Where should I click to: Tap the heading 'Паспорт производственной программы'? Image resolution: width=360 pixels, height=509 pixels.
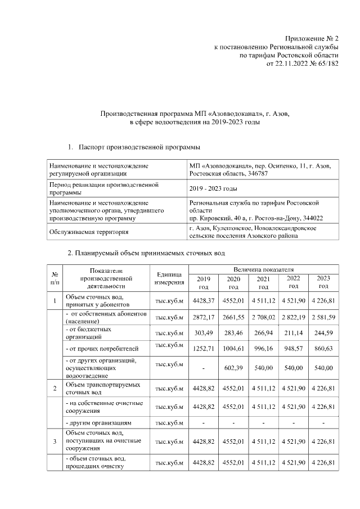(x=139, y=147)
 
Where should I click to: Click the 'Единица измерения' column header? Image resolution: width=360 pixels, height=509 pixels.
(x=167, y=278)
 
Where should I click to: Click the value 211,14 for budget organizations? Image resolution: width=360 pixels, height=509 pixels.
(x=294, y=333)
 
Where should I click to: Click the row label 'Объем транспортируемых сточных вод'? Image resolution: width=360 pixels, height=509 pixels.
(x=101, y=388)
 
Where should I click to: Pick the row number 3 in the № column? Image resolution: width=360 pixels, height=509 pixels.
(x=55, y=442)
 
